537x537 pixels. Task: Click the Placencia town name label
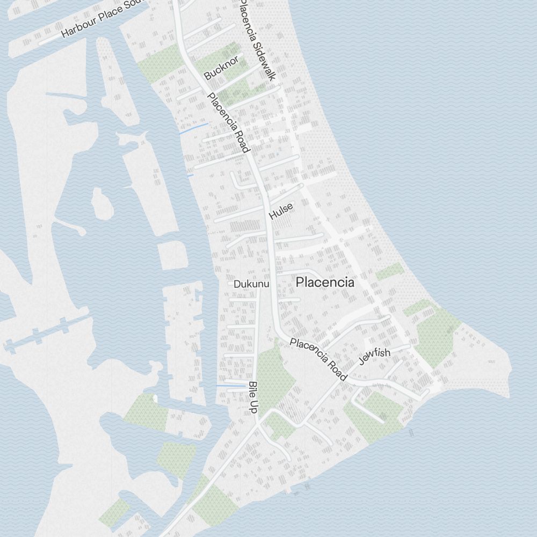(x=325, y=282)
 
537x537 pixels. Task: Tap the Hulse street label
(x=281, y=211)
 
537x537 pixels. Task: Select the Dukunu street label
(x=251, y=284)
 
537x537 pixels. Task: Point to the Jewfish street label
(x=374, y=355)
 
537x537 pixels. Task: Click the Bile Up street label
(x=253, y=397)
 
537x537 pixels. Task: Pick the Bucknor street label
(x=221, y=68)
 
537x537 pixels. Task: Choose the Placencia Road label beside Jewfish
(x=318, y=359)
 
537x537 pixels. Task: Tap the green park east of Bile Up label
(x=275, y=376)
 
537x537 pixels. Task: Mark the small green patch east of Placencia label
(x=389, y=272)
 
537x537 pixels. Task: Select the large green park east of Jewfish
(x=436, y=337)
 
